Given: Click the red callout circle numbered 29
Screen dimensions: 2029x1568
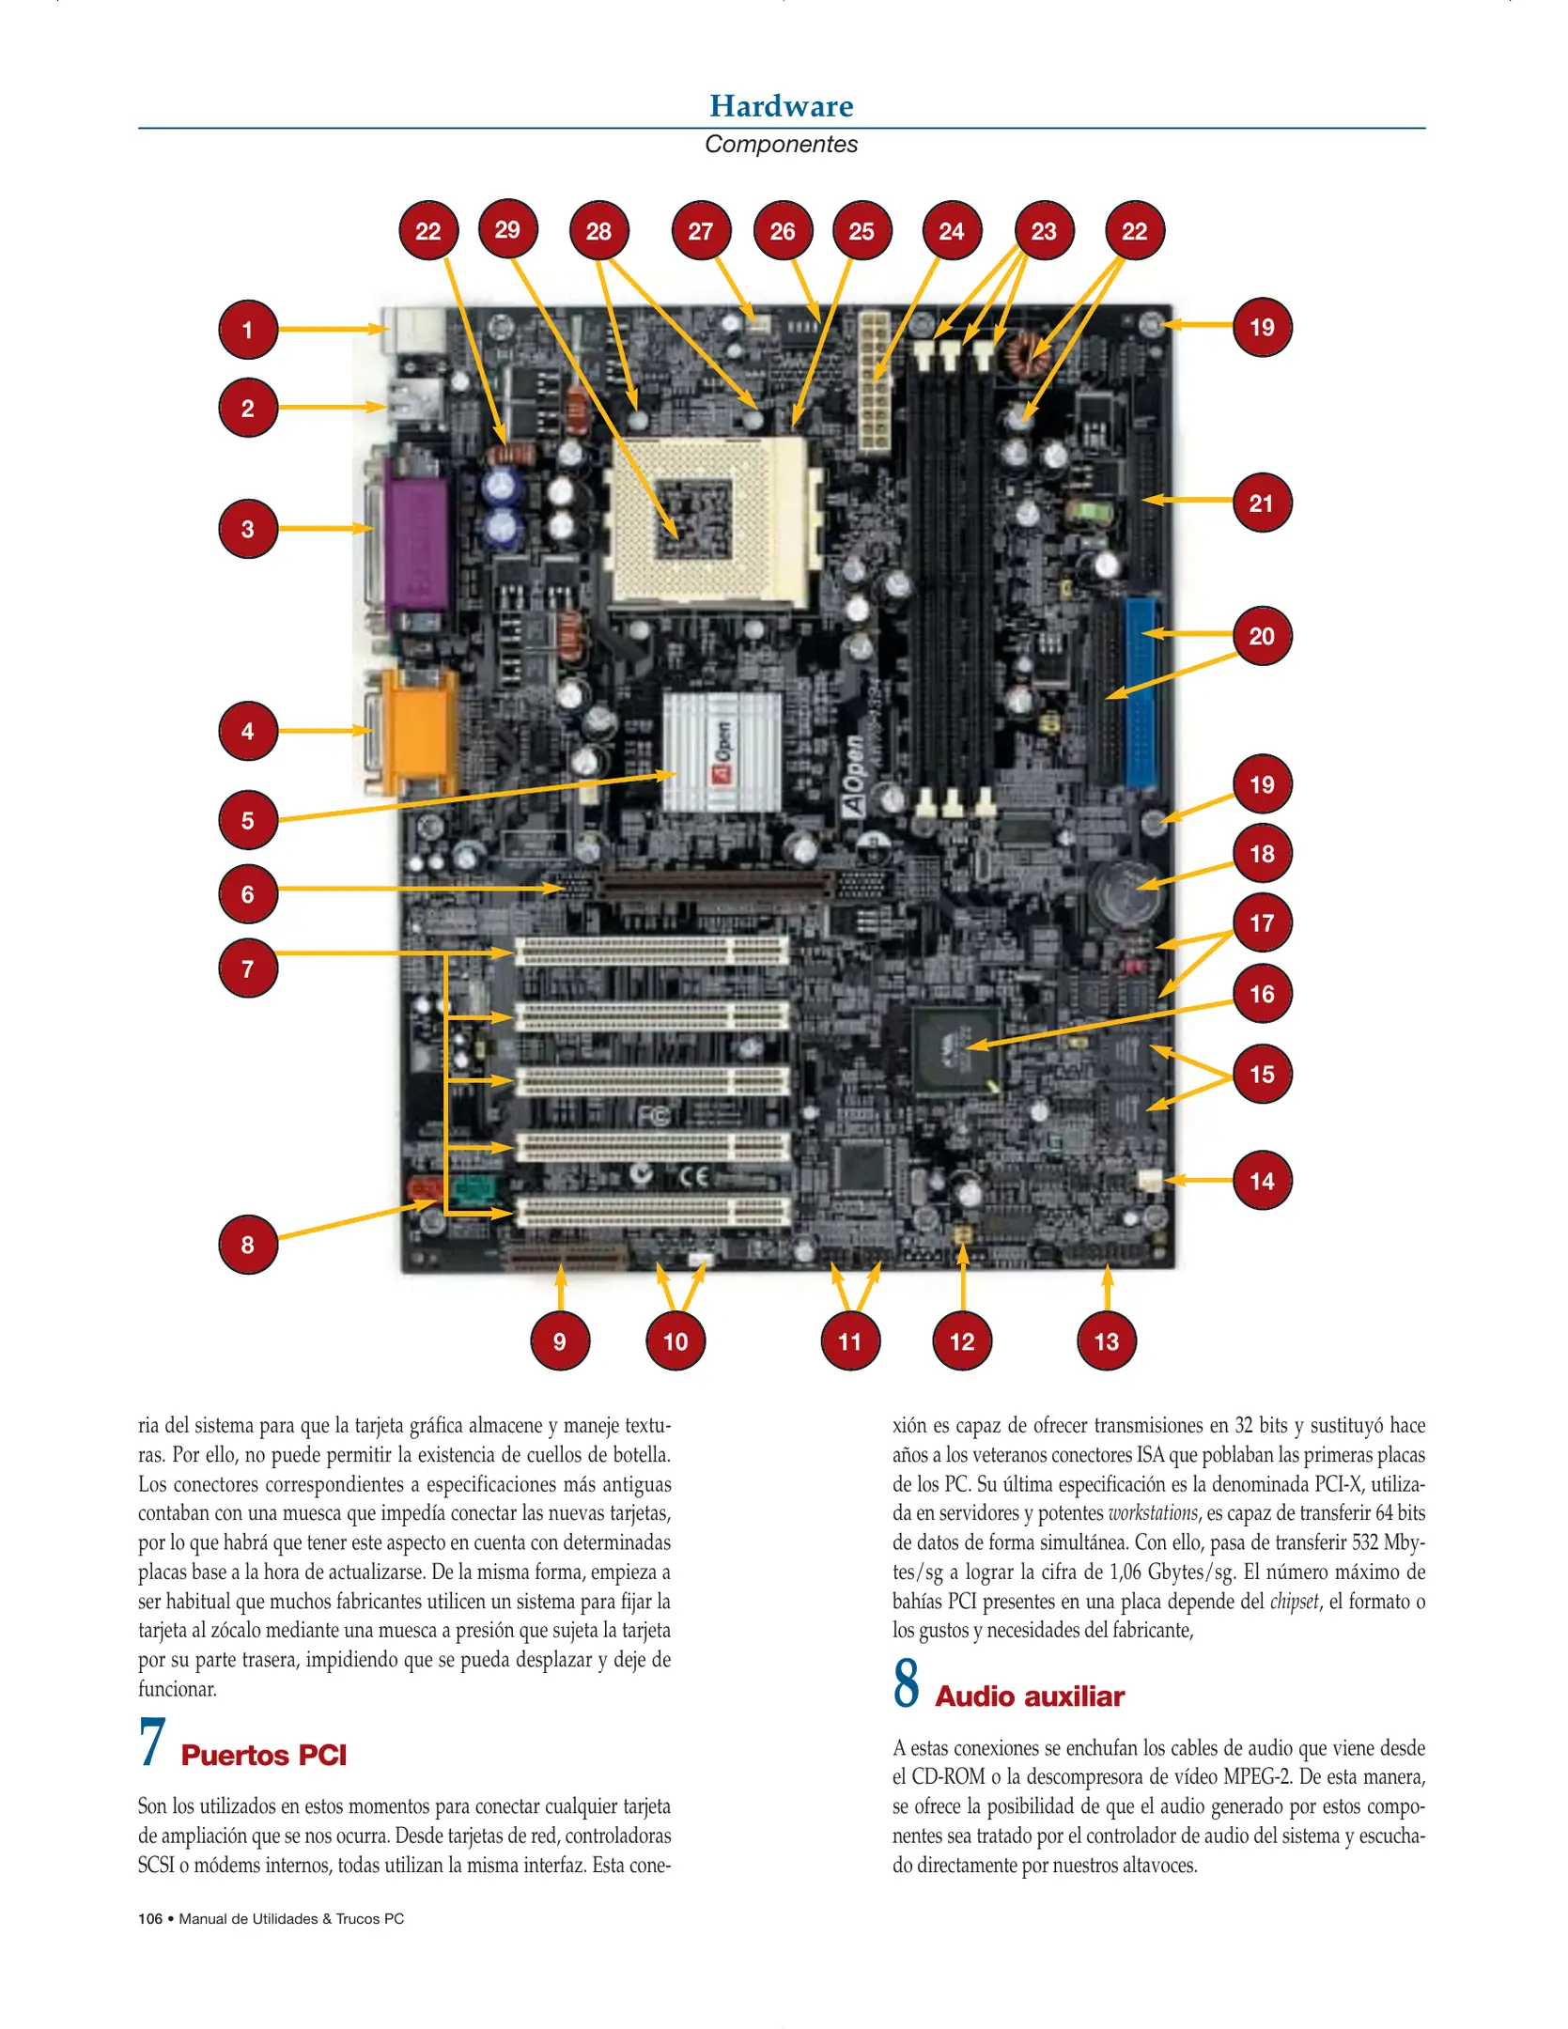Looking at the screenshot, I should click(507, 229).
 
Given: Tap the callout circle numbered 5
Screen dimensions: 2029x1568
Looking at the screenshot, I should click(247, 820).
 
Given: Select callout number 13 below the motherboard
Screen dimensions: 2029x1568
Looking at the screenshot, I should click(1107, 1341).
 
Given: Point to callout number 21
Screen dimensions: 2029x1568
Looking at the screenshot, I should click(1262, 503).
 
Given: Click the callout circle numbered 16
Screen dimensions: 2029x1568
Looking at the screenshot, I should click(1262, 994).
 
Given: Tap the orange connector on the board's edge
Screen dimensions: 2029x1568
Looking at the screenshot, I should click(419, 731).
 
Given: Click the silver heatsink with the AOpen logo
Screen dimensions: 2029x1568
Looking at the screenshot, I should click(722, 752).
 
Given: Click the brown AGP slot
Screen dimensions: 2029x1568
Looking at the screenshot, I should click(714, 884).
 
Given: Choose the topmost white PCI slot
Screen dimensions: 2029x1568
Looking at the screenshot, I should click(652, 952).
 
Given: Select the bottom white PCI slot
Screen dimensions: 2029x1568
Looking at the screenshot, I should click(652, 1212).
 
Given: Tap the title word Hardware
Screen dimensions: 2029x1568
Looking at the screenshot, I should click(782, 106).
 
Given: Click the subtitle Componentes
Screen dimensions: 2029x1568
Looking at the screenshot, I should click(782, 145).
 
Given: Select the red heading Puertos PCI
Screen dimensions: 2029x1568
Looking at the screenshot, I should click(264, 1755).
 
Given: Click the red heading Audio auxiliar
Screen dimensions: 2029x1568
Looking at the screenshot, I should click(1030, 1696).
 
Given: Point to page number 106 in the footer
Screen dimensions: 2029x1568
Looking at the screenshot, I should click(150, 1919).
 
